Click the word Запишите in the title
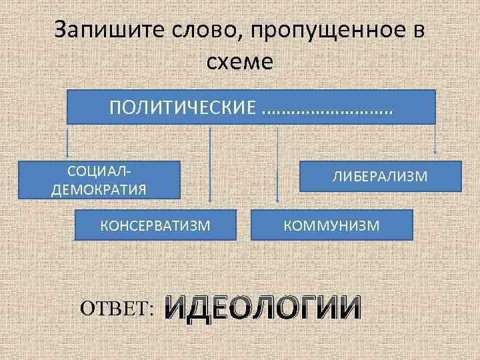coord(101,31)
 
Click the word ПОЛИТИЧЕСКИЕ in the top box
coord(183,107)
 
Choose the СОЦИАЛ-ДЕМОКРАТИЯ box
coord(99,179)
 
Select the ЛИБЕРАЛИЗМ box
coord(380,176)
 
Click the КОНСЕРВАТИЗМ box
coord(155,225)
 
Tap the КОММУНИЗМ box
coord(331,225)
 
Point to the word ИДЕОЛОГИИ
coord(263,307)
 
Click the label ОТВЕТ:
coord(117,307)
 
